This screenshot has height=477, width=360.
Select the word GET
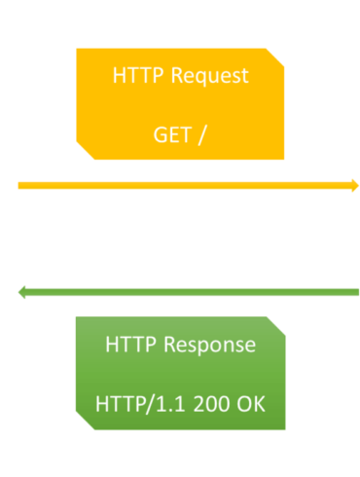pos(173,133)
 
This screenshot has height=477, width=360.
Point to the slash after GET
pos(201,133)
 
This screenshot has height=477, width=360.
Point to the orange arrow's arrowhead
pos(354,185)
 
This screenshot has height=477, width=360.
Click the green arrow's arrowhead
pos(23,291)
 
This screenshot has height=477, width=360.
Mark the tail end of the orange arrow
pos(20,185)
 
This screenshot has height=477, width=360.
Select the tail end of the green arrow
pos(356,291)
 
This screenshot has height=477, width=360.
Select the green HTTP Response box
pos(181,374)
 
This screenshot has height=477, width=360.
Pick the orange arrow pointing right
pos(185,185)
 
